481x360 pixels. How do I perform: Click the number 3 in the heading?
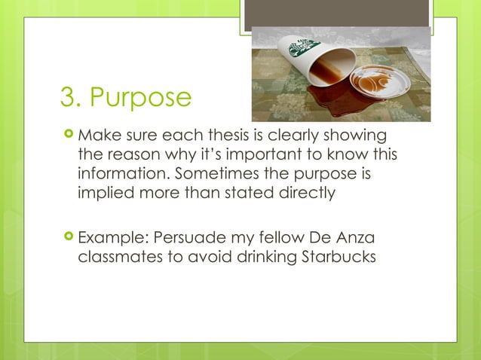point(68,99)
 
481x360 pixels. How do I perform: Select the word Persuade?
point(192,239)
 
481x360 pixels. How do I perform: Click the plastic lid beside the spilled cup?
point(381,80)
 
